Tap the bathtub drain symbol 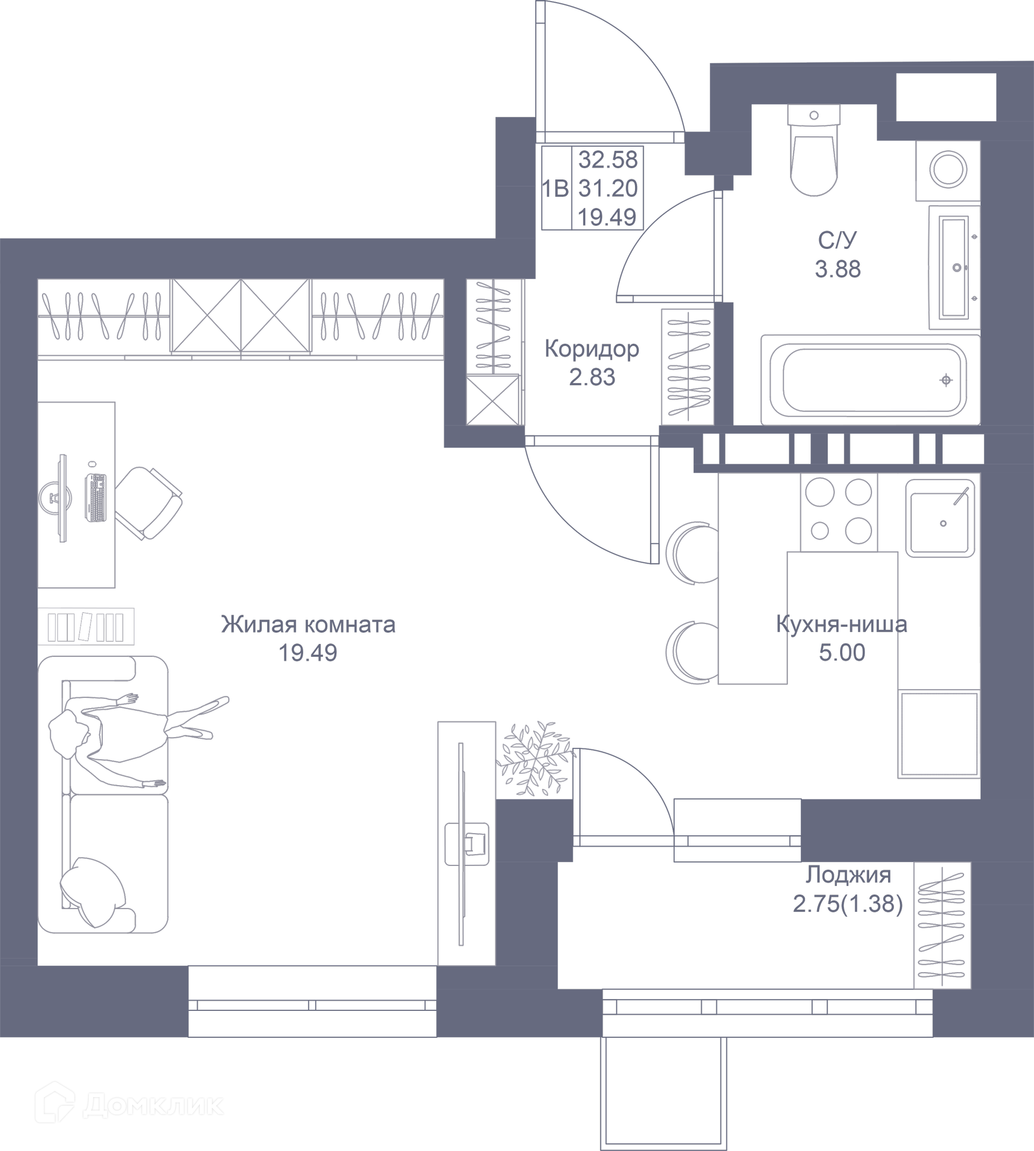click(945, 380)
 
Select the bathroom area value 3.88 click(837, 269)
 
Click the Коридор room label click(591, 349)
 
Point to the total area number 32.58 click(607, 160)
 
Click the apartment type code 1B click(555, 189)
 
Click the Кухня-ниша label click(841, 625)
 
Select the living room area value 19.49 click(308, 653)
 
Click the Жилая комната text click(308, 625)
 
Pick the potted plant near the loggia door click(534, 759)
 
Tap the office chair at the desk click(151, 503)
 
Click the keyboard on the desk click(95, 497)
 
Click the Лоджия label click(848, 875)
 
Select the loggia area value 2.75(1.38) click(848, 903)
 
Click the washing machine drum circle click(948, 169)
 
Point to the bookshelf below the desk click(86, 626)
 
